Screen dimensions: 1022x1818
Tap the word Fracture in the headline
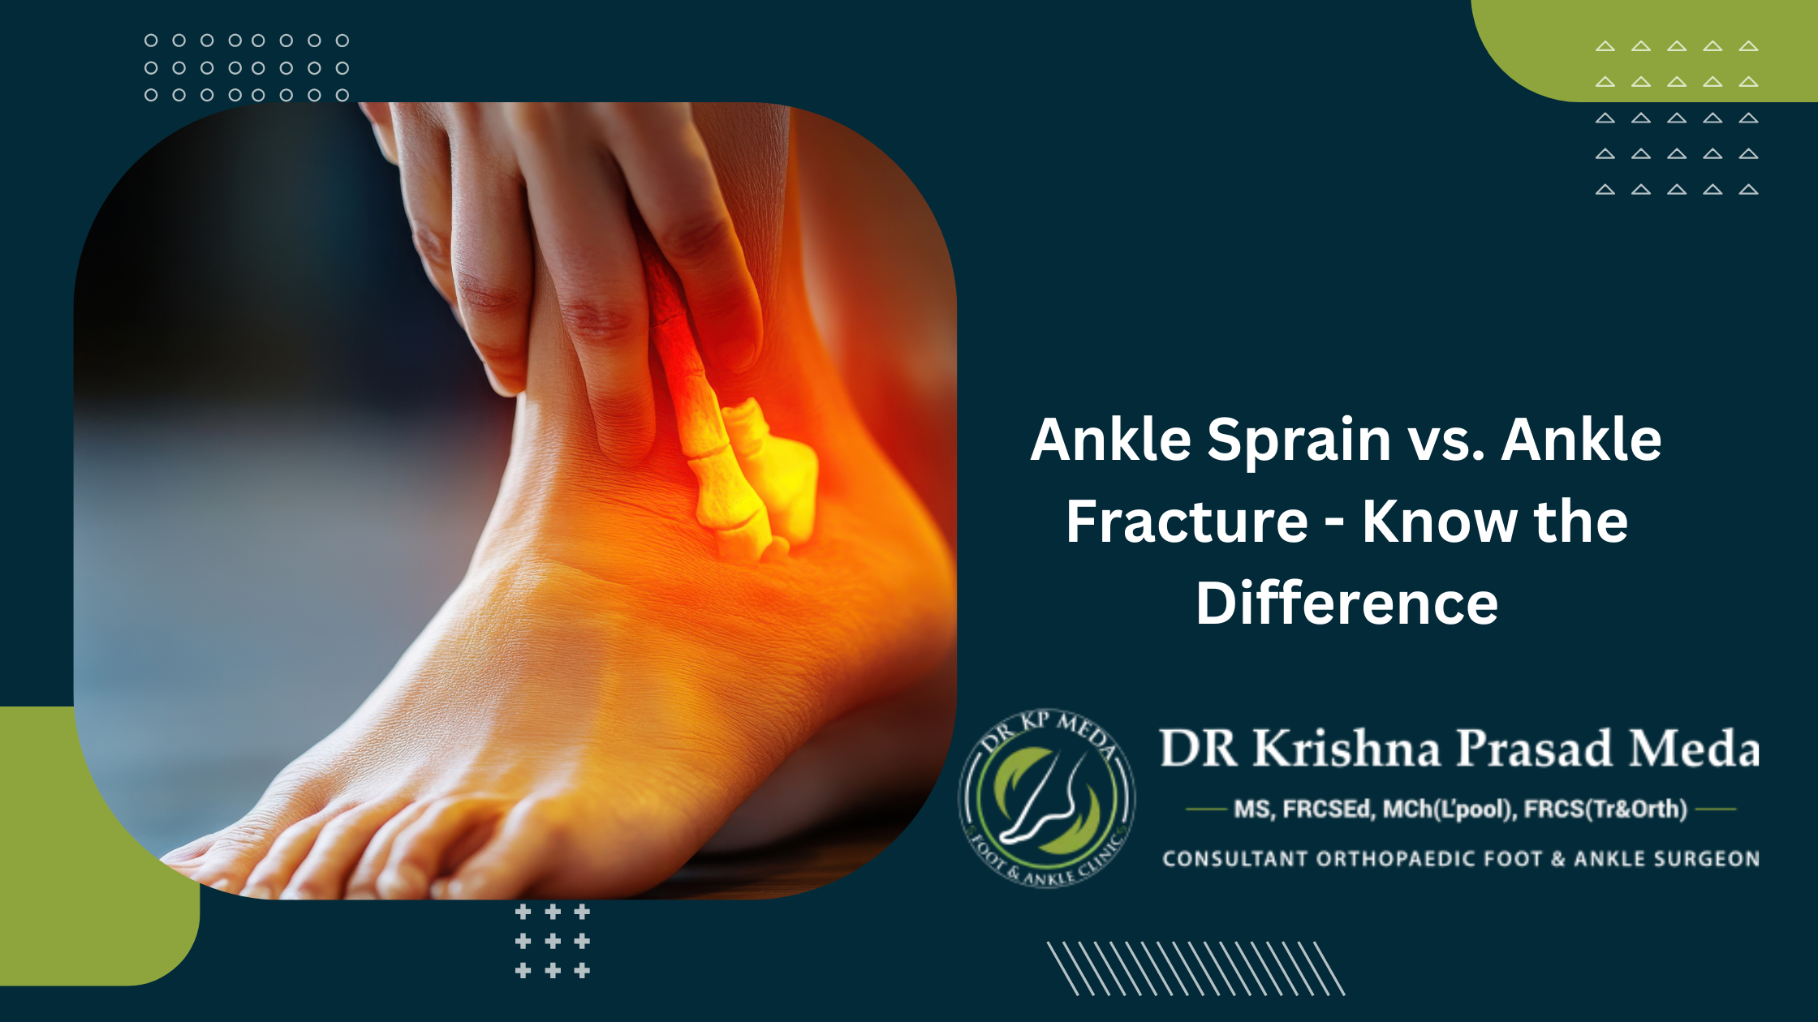1187,522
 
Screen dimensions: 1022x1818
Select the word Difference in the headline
1346,603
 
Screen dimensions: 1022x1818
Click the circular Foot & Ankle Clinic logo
1046,798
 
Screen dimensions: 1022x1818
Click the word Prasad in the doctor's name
1534,748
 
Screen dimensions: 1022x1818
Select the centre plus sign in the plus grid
553,942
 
